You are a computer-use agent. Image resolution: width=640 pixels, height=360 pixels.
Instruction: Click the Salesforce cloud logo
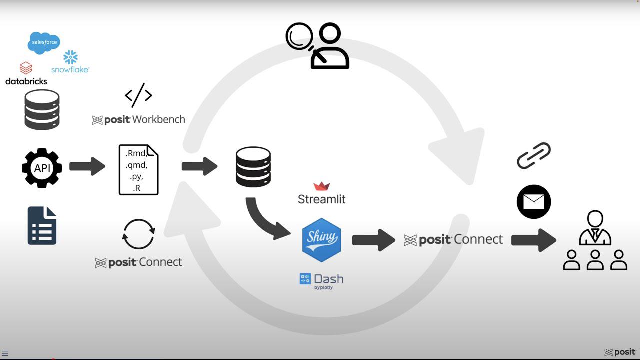44,43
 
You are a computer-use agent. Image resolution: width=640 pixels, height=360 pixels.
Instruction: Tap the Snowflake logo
70,62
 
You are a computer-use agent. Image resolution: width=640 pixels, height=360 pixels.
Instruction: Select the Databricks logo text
26,81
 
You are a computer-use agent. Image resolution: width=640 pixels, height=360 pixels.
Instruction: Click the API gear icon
42,168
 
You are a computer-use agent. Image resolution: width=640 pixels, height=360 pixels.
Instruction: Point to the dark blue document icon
42,226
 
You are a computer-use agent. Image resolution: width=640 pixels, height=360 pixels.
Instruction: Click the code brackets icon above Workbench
138,95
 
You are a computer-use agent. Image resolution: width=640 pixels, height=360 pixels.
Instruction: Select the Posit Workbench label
139,120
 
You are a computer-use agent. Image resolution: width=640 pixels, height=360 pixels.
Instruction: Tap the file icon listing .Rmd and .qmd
138,170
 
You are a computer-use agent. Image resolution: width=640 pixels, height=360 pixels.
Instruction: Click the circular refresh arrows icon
138,234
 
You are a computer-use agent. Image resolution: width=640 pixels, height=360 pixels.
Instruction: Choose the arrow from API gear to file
87,166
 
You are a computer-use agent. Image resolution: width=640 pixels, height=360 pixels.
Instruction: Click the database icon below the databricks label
42,110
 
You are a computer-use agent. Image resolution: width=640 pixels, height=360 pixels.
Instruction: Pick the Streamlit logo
321,194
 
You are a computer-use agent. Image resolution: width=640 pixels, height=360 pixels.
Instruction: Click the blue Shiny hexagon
321,240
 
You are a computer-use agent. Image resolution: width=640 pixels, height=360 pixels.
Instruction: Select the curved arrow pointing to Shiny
265,220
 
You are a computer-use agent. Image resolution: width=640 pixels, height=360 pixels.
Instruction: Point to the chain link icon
534,155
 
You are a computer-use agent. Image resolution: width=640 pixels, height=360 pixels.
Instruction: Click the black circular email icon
534,202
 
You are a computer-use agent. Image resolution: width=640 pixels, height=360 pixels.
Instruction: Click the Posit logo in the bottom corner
620,352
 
